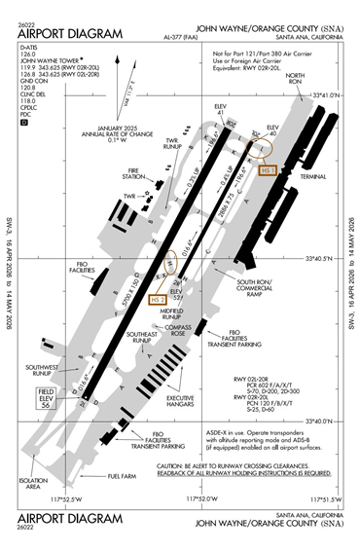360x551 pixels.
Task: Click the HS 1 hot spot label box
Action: (270, 169)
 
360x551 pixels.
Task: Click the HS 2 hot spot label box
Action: (159, 300)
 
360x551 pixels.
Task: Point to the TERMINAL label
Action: (313, 178)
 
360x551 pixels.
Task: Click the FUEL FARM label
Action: (122, 476)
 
